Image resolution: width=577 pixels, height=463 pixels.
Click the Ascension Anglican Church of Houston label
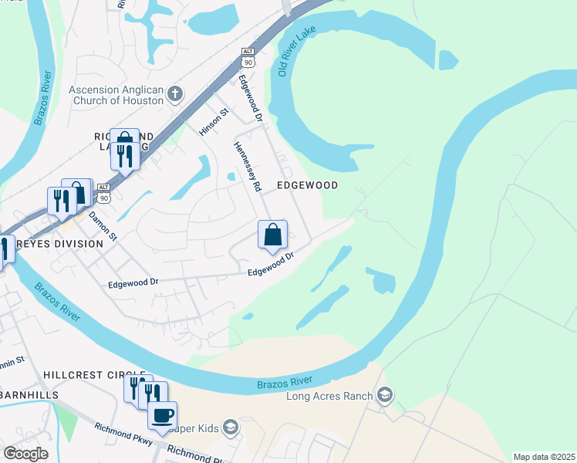(x=116, y=95)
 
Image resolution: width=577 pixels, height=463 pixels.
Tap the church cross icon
(x=175, y=95)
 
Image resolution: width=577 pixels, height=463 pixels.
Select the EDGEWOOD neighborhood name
(x=308, y=186)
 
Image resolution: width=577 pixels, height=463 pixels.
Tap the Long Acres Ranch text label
(x=329, y=397)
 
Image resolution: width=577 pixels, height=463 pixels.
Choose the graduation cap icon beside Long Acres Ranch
(x=384, y=397)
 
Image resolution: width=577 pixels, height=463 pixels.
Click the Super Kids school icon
(x=230, y=427)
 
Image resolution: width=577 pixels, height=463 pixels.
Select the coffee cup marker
(x=162, y=415)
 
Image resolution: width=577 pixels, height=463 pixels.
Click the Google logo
(x=25, y=454)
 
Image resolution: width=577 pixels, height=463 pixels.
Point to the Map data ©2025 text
(x=544, y=457)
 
